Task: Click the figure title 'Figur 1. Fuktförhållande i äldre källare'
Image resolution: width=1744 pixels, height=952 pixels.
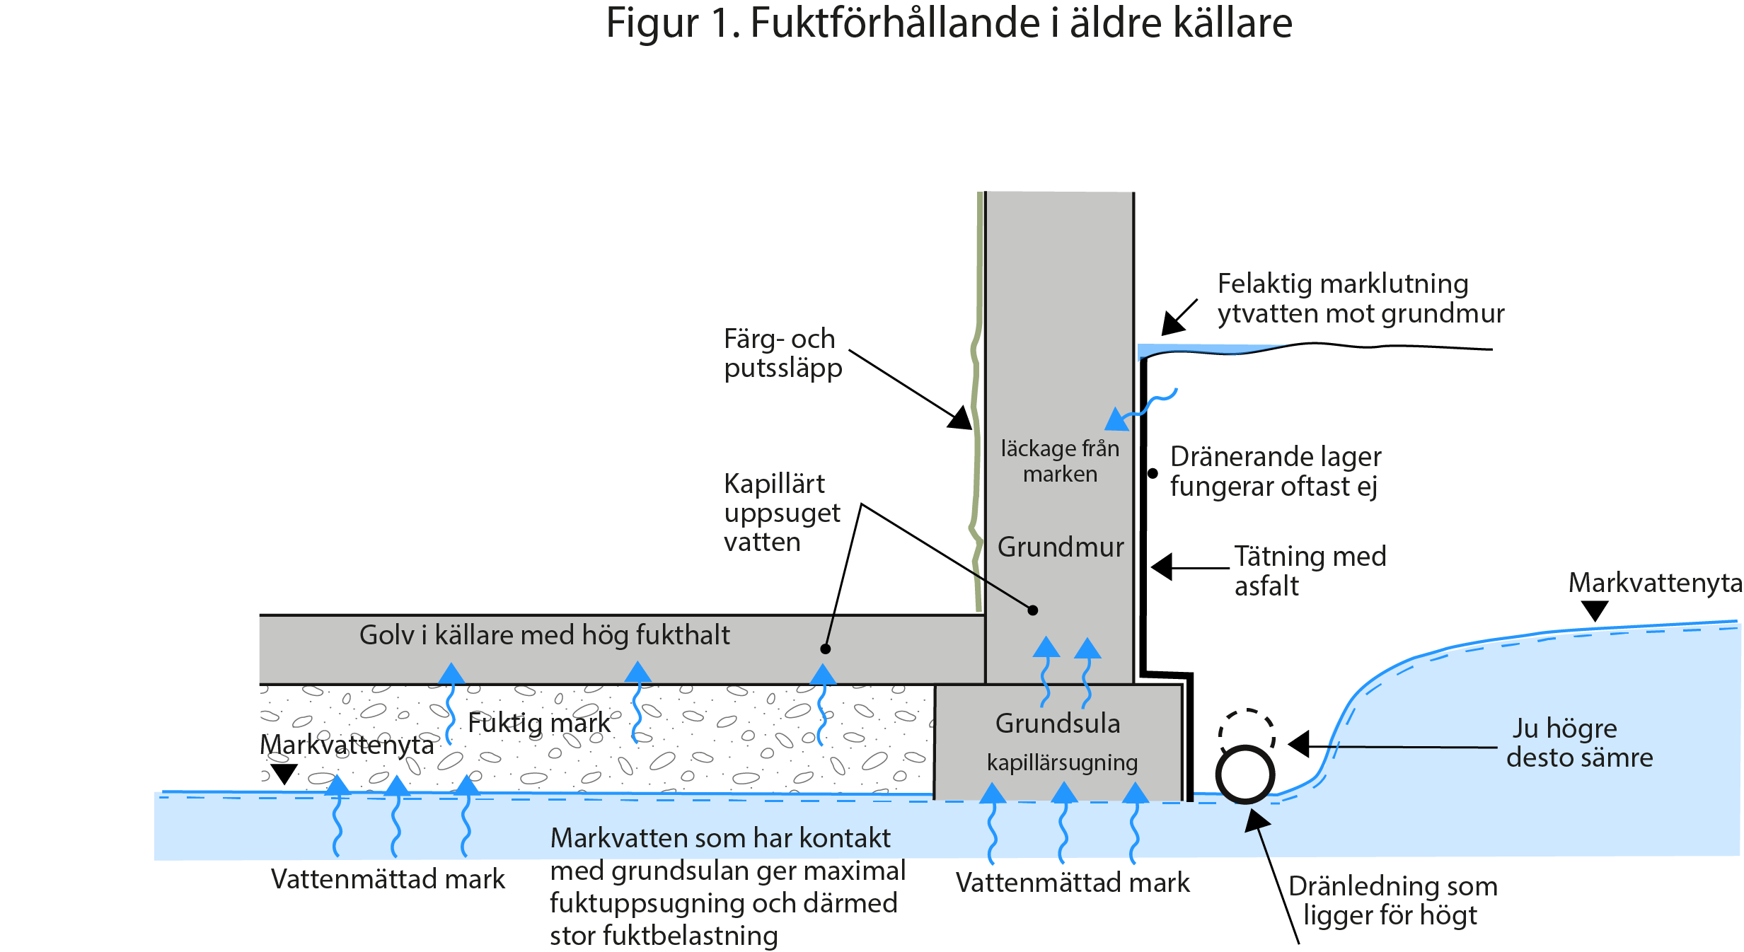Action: pyautogui.click(x=949, y=23)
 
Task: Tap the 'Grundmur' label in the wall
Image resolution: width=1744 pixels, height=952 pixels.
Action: pyautogui.click(x=1060, y=547)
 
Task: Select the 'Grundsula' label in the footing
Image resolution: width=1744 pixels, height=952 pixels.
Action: pyautogui.click(x=1058, y=724)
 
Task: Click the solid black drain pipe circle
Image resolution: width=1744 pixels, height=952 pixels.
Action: pyautogui.click(x=1245, y=774)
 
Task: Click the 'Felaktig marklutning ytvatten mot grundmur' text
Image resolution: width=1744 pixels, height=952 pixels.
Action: pyautogui.click(x=1360, y=298)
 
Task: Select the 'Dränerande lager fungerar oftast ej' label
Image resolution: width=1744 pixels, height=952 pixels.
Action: pyautogui.click(x=1275, y=472)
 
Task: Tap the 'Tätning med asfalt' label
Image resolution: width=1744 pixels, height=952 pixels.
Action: pyautogui.click(x=1310, y=571)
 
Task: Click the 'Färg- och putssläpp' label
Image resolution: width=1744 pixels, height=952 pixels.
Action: pyautogui.click(x=783, y=354)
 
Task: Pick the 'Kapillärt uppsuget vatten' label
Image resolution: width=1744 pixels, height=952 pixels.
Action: pyautogui.click(x=781, y=513)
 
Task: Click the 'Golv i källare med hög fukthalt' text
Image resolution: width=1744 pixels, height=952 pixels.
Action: pyautogui.click(x=544, y=635)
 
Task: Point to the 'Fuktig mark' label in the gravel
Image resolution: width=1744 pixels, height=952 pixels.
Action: pyautogui.click(x=538, y=724)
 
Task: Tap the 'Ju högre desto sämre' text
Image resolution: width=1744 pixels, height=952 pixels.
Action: pyautogui.click(x=1578, y=743)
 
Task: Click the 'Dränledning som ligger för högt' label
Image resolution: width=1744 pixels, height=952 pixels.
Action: pyautogui.click(x=1392, y=900)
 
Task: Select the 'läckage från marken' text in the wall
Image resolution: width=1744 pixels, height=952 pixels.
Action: pyautogui.click(x=1060, y=461)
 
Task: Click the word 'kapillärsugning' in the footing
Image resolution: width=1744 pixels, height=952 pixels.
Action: pyautogui.click(x=1062, y=763)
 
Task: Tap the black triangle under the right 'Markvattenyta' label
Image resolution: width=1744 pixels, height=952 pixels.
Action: pyautogui.click(x=1595, y=610)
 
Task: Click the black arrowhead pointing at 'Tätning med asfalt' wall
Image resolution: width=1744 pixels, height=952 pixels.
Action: pyautogui.click(x=1162, y=567)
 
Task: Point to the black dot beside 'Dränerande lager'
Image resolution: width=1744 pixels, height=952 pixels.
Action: pyautogui.click(x=1153, y=473)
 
